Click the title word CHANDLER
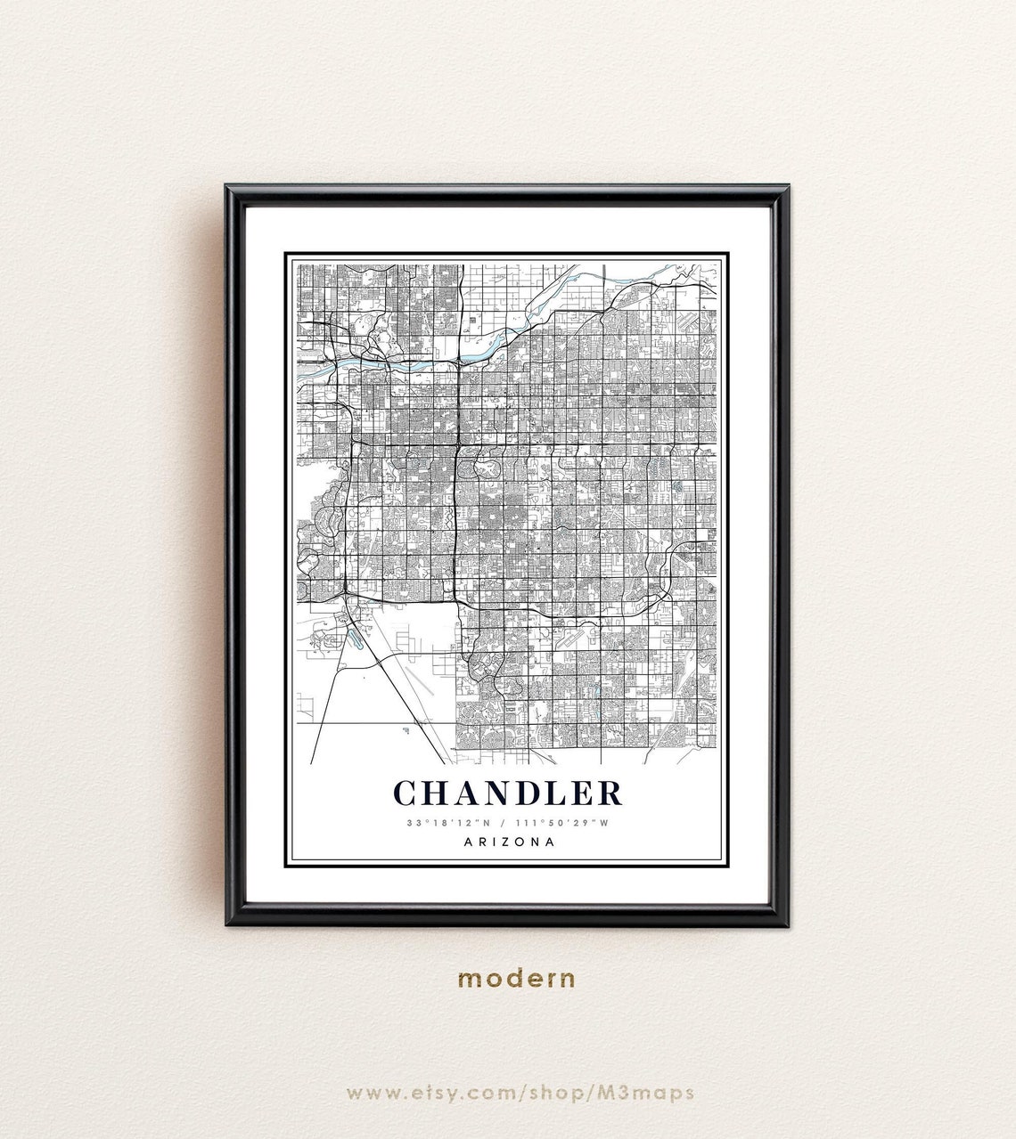pos(507,792)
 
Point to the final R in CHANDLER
pos(610,792)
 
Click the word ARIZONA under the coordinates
pos(509,842)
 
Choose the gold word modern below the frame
pos(516,979)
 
